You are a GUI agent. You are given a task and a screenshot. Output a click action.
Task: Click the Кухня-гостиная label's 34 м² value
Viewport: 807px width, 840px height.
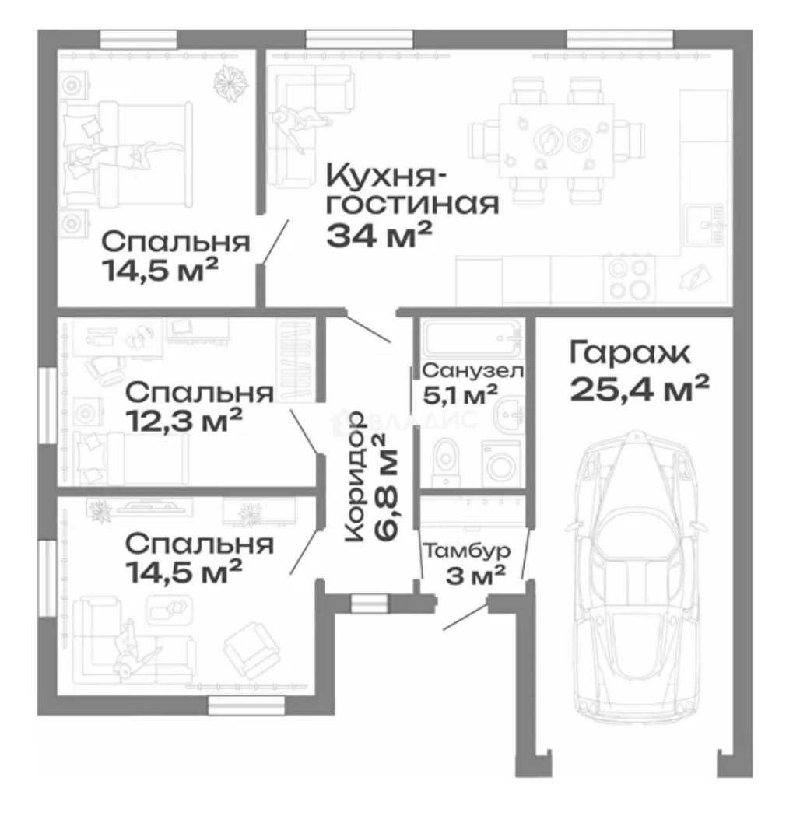point(379,235)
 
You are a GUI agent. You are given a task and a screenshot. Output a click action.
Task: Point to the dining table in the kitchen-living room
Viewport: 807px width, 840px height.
point(556,140)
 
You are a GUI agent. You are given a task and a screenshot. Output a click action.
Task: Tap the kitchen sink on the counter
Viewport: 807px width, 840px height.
point(704,225)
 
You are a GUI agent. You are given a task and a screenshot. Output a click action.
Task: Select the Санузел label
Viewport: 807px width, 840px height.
point(472,371)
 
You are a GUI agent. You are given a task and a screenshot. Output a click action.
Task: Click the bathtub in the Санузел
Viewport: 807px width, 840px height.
point(472,338)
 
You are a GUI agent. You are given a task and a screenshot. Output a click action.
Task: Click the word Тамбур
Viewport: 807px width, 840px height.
point(467,551)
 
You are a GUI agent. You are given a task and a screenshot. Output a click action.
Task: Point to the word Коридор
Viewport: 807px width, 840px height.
point(356,477)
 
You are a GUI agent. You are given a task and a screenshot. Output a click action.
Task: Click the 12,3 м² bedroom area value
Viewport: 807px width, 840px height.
point(184,420)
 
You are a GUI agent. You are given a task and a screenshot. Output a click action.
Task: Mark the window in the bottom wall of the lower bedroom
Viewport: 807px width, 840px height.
point(246,705)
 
